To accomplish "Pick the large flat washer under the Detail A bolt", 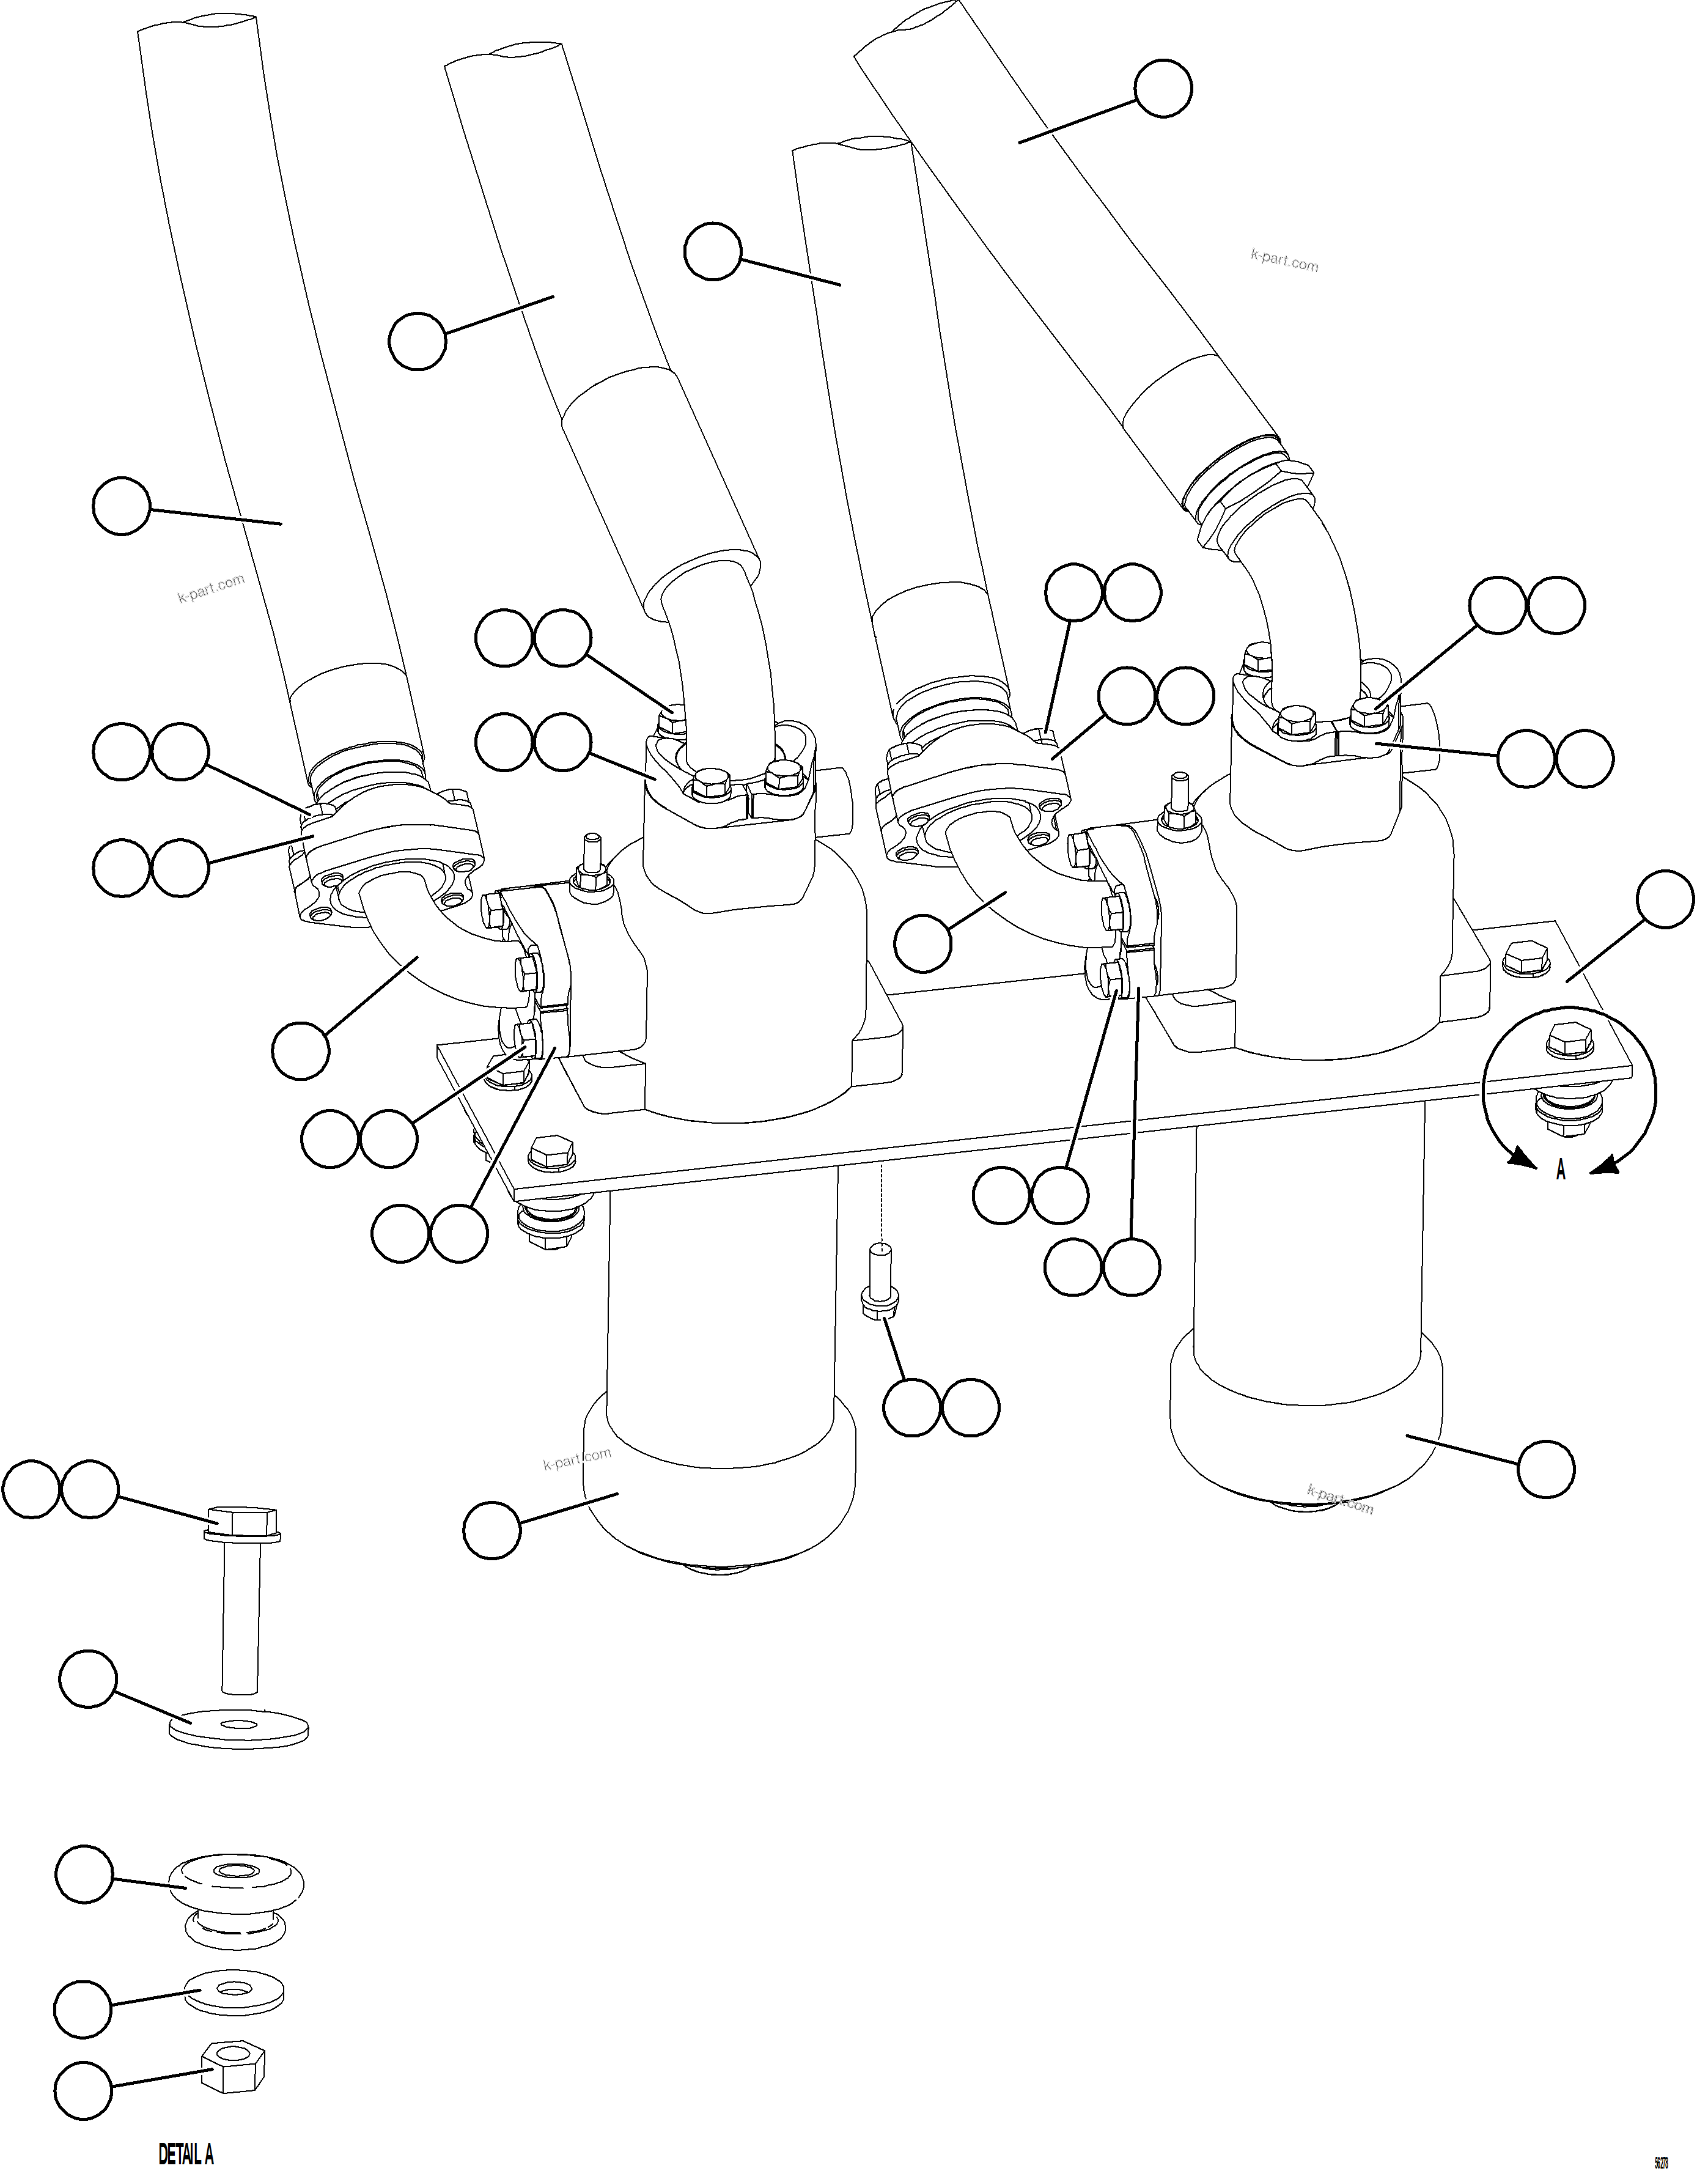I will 238,1728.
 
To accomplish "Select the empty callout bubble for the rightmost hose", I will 1163,89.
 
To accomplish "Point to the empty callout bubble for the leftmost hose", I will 121,506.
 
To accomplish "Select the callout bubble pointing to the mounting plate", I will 1664,899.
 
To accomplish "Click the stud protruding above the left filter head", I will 592,855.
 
